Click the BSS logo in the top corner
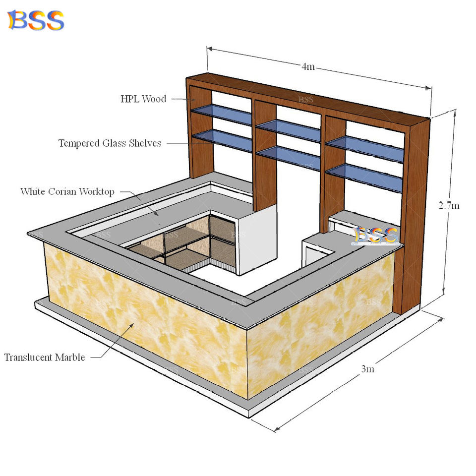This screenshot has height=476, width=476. [35, 20]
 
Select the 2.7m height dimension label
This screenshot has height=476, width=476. [449, 205]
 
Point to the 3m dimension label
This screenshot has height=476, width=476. [367, 369]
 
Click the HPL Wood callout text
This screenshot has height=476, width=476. [143, 99]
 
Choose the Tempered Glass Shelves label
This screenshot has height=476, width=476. [110, 143]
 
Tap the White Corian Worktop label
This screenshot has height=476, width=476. [67, 191]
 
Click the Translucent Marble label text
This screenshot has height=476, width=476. [45, 357]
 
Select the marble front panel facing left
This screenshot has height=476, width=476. [144, 317]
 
